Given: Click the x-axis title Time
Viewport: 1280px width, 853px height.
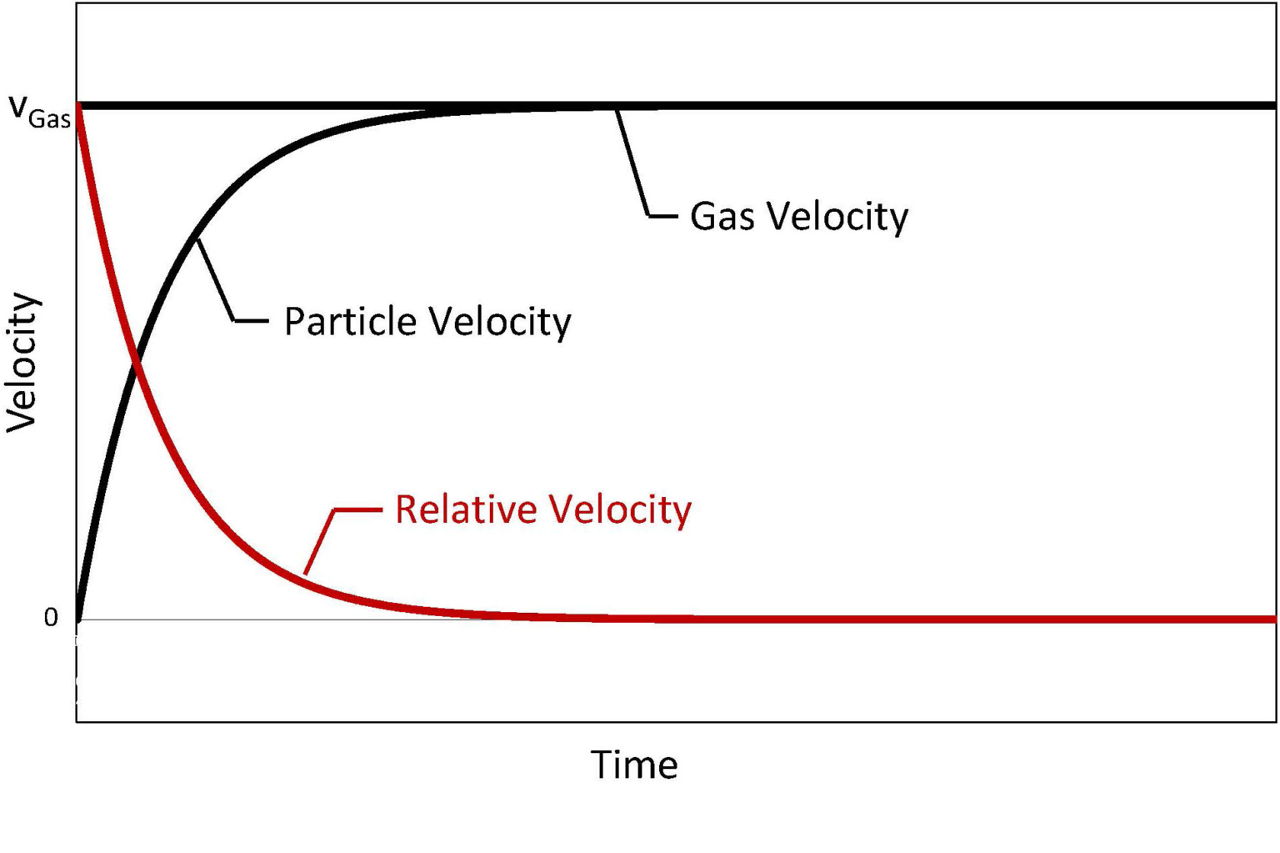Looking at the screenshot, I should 634,765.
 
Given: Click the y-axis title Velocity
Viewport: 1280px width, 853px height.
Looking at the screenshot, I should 22,363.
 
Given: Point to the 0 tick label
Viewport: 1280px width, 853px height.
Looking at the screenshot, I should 51,617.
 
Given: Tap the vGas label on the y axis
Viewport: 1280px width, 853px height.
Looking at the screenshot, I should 38,112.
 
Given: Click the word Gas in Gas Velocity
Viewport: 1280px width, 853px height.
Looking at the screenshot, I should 722,216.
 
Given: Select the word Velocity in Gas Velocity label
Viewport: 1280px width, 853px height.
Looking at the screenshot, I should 837,216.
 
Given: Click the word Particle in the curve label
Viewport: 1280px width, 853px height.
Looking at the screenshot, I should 349,321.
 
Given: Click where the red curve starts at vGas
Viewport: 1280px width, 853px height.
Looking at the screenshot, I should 77,108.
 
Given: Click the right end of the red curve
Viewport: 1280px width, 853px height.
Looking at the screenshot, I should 1272,620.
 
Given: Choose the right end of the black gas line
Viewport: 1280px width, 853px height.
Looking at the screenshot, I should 1272,106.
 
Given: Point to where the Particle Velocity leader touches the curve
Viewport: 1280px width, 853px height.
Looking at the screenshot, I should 197,240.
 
